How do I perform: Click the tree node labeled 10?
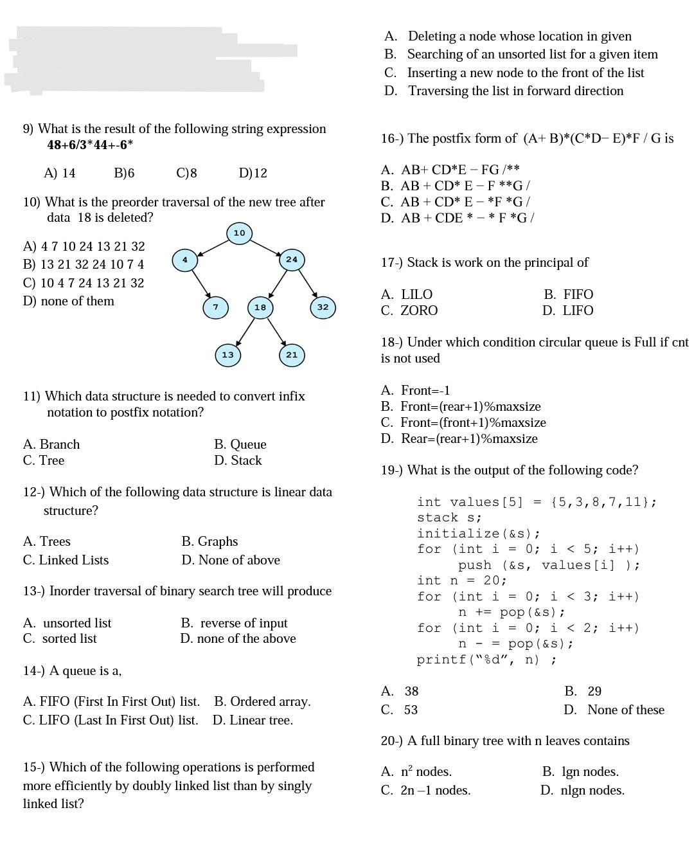tap(239, 233)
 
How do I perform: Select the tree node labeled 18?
tap(260, 307)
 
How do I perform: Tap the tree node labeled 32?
tap(323, 307)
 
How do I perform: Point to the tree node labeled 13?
tap(227, 355)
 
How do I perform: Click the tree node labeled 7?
tap(215, 307)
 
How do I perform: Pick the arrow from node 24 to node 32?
tap(307, 283)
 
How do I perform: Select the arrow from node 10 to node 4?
tap(212, 246)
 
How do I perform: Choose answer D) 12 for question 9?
tap(253, 173)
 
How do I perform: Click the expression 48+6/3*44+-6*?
tap(90, 145)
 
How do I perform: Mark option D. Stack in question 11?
tap(238, 460)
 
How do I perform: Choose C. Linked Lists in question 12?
tap(66, 560)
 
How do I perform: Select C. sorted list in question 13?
tap(60, 638)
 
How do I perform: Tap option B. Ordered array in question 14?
tap(262, 701)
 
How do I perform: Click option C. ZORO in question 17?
tap(409, 310)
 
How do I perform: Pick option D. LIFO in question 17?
tap(567, 310)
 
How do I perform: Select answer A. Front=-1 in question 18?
tap(415, 390)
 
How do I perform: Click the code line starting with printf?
tap(486, 660)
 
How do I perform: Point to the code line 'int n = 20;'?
tap(462, 580)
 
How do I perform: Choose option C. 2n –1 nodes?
tap(425, 790)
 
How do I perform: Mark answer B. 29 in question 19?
tap(583, 691)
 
